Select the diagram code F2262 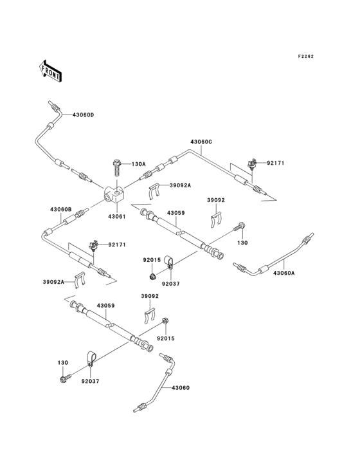(x=306, y=57)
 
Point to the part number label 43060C (x=201, y=142)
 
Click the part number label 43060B (x=60, y=209)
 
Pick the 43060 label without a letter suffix (x=181, y=389)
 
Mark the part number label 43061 (x=116, y=217)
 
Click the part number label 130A (x=139, y=164)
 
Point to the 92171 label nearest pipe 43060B (x=118, y=245)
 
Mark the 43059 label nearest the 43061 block (x=175, y=212)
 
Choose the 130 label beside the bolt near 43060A (x=242, y=243)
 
